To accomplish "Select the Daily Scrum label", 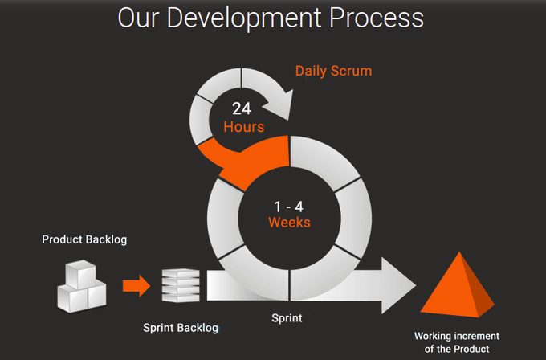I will click(x=333, y=71).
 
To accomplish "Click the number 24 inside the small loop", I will click(x=242, y=108).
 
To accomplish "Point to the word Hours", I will click(x=243, y=127).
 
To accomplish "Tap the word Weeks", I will click(x=289, y=222).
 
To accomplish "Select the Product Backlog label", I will click(x=84, y=239).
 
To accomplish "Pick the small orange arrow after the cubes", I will click(x=136, y=284).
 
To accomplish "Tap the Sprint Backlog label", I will click(x=181, y=328).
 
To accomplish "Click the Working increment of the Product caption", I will click(x=457, y=342).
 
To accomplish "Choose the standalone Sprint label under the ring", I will click(x=287, y=318).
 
